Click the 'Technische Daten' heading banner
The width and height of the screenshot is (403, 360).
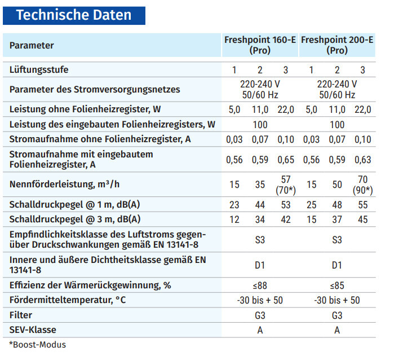[74, 15]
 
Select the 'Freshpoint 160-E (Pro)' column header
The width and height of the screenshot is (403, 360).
[260, 45]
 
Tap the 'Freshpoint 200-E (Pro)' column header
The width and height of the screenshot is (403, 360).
[337, 45]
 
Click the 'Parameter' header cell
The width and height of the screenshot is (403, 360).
[32, 45]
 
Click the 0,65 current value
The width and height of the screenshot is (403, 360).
[286, 160]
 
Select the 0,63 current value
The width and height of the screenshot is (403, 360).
[363, 160]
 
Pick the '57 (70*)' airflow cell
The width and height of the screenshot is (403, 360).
[286, 185]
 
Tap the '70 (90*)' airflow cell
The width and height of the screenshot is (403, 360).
[363, 185]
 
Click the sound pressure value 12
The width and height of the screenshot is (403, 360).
[234, 219]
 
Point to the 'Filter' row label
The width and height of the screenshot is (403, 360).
[21, 315]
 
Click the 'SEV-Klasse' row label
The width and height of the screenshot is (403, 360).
[33, 330]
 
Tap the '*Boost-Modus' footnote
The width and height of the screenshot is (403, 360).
[37, 344]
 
